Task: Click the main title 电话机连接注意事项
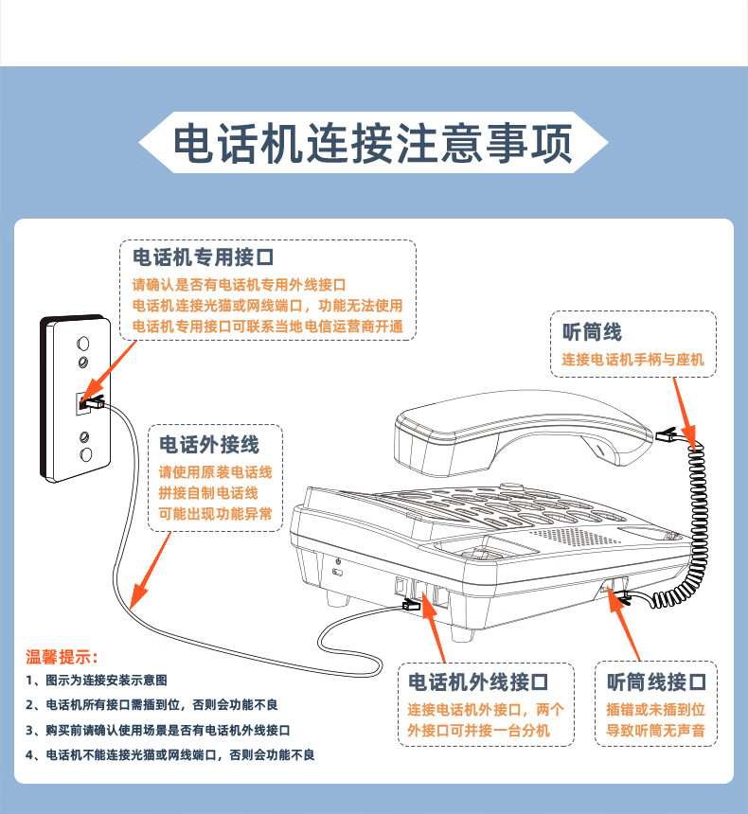click(x=373, y=145)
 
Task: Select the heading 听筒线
click(x=592, y=332)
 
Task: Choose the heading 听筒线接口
click(x=656, y=681)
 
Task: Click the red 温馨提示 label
click(x=62, y=657)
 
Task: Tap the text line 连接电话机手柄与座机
click(x=633, y=361)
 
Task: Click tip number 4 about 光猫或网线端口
click(x=170, y=755)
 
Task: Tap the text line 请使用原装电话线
click(x=215, y=472)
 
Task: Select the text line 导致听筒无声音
click(x=656, y=731)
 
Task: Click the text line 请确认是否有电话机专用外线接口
click(x=239, y=285)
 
